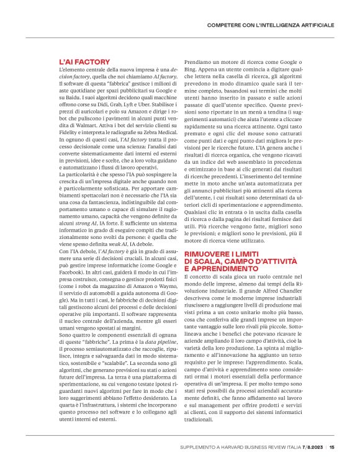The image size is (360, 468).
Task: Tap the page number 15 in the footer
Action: [x=332, y=446]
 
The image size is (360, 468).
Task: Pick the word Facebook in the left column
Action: [x=74, y=279]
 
